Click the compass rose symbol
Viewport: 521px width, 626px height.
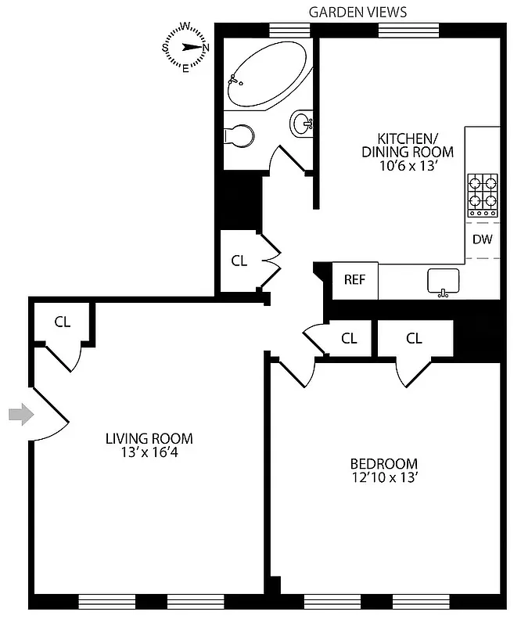[185, 47]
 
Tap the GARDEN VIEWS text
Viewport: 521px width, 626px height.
[358, 12]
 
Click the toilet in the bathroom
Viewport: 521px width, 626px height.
[239, 136]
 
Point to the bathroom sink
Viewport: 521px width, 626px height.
[302, 123]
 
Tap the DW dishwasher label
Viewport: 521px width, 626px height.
[482, 239]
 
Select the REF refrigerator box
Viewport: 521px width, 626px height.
[355, 279]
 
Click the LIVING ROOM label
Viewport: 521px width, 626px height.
[149, 439]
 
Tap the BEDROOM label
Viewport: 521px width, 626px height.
[384, 463]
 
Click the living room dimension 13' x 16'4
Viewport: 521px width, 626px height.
[149, 453]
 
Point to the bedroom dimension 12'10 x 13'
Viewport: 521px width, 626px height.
[384, 477]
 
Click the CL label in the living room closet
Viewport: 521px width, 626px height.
[63, 321]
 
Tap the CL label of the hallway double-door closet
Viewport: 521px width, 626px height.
[239, 261]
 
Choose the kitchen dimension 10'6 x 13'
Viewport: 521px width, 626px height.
[407, 166]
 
